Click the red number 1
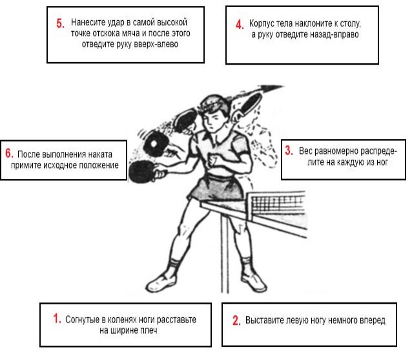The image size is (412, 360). (x=57, y=318)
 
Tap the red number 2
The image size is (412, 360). (x=236, y=321)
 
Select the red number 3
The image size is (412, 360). (x=289, y=151)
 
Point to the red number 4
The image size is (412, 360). (x=240, y=24)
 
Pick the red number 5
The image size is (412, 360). (x=60, y=23)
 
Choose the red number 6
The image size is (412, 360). (x=9, y=153)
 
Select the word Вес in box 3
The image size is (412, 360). (x=305, y=151)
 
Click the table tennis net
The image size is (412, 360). (x=276, y=205)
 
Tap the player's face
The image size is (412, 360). (x=212, y=120)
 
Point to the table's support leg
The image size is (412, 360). (x=225, y=253)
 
